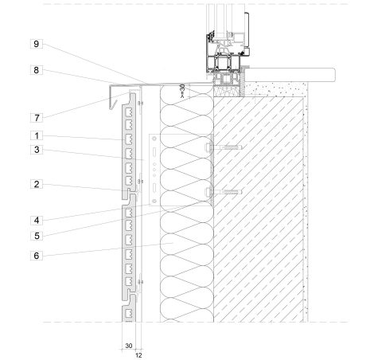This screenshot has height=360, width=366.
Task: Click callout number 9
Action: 37,44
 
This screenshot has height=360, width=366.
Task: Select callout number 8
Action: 37,70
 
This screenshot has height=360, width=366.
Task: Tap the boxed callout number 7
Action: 37,118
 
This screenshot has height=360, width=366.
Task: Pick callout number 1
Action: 37,135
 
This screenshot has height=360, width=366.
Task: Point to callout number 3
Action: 37,150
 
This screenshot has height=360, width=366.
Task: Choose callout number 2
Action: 37,184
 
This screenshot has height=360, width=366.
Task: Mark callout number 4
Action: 37,220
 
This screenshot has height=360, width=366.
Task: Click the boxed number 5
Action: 37,236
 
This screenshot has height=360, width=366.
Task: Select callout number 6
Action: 37,256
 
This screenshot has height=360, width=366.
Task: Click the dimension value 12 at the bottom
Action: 138,355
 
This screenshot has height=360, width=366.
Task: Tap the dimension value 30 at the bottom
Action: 129,346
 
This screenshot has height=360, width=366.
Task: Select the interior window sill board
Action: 290,75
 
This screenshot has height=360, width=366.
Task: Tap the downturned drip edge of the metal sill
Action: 112,97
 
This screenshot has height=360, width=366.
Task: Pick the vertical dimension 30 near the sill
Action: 182,89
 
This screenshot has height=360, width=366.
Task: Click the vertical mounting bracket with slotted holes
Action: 154,170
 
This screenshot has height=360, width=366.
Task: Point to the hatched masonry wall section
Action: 259,209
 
